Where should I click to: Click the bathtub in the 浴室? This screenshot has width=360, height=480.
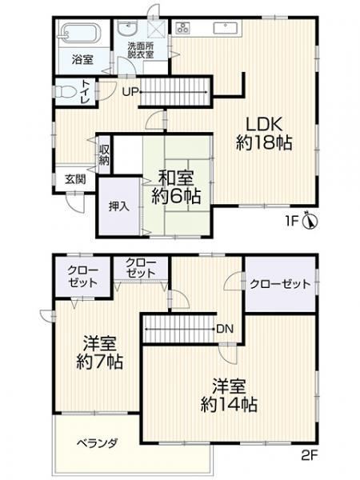click(x=82, y=34)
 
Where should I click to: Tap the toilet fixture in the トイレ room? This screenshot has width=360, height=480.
click(x=66, y=91)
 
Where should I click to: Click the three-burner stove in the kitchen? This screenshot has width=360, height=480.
click(x=183, y=28)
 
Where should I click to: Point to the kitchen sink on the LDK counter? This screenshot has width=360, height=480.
click(x=226, y=28)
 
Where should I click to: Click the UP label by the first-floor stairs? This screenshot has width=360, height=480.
click(x=130, y=92)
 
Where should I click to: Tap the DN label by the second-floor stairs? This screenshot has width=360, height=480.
click(x=225, y=329)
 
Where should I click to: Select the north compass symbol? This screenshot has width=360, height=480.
click(x=310, y=220)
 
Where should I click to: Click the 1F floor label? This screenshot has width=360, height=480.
click(x=292, y=221)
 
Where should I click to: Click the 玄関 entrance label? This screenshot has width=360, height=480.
click(x=75, y=179)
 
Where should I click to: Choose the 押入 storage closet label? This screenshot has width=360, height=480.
click(x=119, y=207)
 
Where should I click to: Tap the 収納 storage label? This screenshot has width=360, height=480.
click(x=104, y=155)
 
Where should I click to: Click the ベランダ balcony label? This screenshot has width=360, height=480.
click(x=97, y=443)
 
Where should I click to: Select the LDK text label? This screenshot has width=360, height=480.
click(x=264, y=125)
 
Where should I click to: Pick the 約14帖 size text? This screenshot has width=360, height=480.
click(x=229, y=405)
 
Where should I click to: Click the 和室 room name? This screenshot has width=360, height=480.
click(x=176, y=178)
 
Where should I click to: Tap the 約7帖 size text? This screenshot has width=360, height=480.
click(x=99, y=362)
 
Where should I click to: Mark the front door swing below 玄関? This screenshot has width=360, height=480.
click(x=74, y=202)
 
